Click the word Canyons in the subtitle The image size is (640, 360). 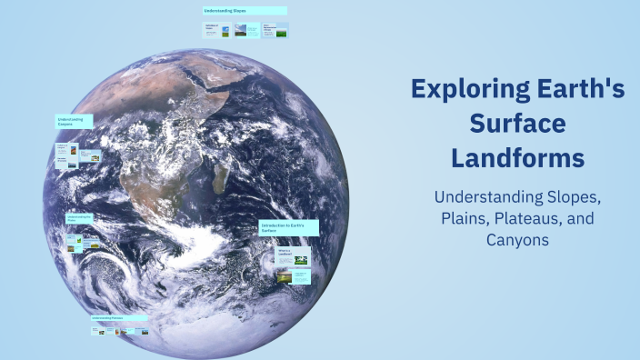(517, 241)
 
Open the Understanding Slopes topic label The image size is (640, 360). (245, 11)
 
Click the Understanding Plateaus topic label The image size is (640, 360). (119, 318)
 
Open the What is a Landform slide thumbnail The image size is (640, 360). (293, 255)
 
